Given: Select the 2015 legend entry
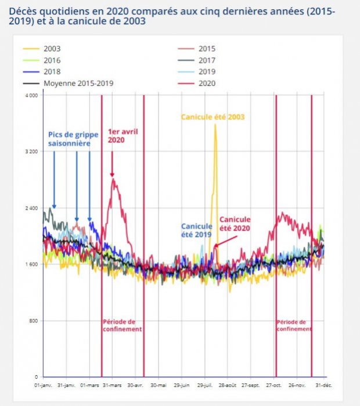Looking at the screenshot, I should pos(206,49).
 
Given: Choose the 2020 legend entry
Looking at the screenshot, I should pos(206,83).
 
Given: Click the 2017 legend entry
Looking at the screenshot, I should pos(206,60).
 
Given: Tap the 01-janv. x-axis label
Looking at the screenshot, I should pos(44,385).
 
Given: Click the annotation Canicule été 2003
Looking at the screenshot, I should pos(213,117).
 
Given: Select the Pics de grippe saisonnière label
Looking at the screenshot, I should pos(69,138).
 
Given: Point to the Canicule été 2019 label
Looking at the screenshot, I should pos(196,230).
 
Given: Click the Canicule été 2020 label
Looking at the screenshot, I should pos(235,224).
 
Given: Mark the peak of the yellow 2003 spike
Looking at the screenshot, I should pos(215,125).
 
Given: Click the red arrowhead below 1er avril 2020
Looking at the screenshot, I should pos(112,174).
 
